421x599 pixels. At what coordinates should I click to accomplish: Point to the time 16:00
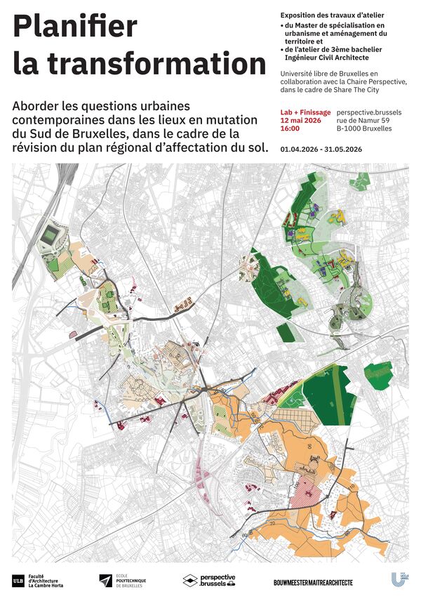(290, 129)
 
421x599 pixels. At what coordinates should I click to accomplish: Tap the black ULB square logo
(18, 581)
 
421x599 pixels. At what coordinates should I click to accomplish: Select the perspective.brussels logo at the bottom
(209, 581)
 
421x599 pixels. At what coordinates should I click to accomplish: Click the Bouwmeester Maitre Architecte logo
(313, 582)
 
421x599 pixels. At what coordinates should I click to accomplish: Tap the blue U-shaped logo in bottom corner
(396, 579)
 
